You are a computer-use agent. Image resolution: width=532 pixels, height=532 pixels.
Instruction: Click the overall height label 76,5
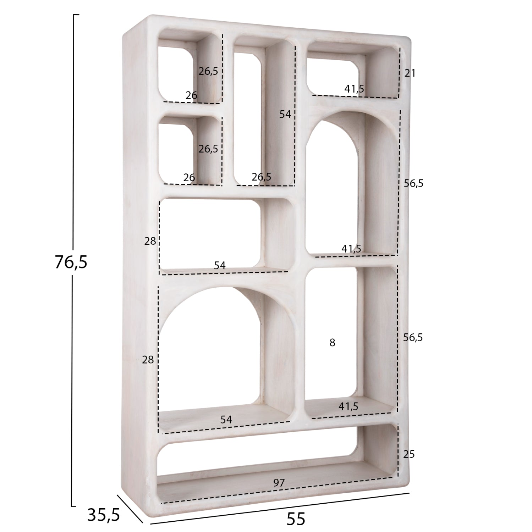[x=71, y=262]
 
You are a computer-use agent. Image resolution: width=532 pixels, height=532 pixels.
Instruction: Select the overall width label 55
[x=296, y=519]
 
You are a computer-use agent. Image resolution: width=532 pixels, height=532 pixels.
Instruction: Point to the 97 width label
[x=279, y=482]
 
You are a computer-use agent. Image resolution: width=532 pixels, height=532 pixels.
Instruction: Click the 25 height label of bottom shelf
[x=409, y=454]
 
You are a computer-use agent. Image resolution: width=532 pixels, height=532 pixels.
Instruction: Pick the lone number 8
[x=332, y=343]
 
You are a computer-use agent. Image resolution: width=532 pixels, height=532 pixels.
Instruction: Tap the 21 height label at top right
[x=410, y=73]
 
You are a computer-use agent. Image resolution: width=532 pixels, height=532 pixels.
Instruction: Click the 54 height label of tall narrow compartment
[x=285, y=114]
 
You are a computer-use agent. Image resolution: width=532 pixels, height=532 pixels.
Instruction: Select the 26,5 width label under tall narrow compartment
[x=261, y=176]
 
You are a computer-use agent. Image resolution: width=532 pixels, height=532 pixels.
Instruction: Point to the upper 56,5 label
[x=413, y=183]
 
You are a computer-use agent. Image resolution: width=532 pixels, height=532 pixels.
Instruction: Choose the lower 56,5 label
[x=413, y=338]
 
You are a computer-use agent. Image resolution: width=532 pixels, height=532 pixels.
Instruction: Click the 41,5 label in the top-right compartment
[x=354, y=89]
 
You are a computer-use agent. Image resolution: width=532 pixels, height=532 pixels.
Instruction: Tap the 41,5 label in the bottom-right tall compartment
[x=348, y=406]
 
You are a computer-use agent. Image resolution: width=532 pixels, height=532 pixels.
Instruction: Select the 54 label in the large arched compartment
[x=226, y=420]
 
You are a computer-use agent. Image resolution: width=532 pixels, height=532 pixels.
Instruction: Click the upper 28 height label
[x=150, y=241]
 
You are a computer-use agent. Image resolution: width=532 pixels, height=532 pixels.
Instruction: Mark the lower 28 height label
[x=148, y=360]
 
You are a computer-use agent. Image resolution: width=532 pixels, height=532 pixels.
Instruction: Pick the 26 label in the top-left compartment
[x=191, y=95]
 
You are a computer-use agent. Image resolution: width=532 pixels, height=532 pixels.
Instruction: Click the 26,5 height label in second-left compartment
[x=208, y=149]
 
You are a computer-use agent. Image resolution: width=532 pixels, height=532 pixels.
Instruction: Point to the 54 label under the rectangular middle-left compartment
[x=220, y=265]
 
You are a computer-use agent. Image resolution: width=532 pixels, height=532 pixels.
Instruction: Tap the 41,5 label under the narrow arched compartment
[x=351, y=249]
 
